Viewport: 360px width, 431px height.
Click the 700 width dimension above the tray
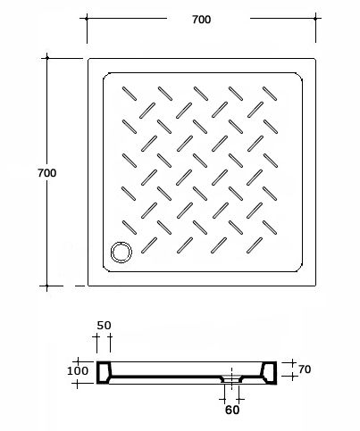pos(202,20)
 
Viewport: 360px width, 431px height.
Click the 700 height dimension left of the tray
pos(47,173)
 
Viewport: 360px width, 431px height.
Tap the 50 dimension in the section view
pos(104,326)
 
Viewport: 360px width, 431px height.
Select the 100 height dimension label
pos(78,371)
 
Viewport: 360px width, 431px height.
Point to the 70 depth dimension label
pos(305,369)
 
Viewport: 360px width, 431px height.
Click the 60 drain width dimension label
pos(232,410)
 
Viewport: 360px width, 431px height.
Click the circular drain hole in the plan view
pos(121,253)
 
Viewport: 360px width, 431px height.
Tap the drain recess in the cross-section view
pos(231,378)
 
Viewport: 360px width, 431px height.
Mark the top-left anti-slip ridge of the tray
pos(130,94)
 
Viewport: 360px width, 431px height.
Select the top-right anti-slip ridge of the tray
pos(270,94)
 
